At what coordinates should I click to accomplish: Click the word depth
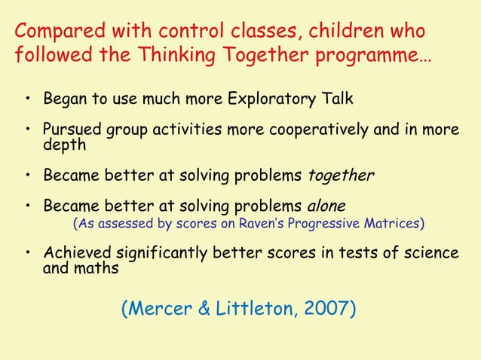tap(64, 144)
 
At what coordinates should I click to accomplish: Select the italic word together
tap(341, 176)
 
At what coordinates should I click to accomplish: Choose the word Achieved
tap(78, 253)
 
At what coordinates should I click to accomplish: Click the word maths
tap(94, 267)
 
